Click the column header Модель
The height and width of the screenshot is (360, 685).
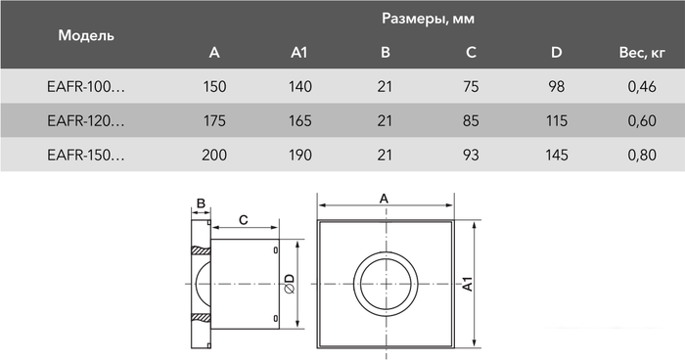(86, 35)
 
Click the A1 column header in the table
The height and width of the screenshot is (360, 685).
(300, 53)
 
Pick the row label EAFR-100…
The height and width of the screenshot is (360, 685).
(86, 88)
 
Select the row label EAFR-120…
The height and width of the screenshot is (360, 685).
(86, 121)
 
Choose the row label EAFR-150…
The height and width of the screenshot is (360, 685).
(86, 155)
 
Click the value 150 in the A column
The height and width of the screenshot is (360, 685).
(214, 88)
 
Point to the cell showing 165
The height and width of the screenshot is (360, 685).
(300, 121)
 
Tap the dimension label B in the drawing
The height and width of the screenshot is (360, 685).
(201, 204)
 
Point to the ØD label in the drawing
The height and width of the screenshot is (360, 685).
(289, 285)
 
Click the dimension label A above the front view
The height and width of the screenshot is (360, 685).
(384, 199)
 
